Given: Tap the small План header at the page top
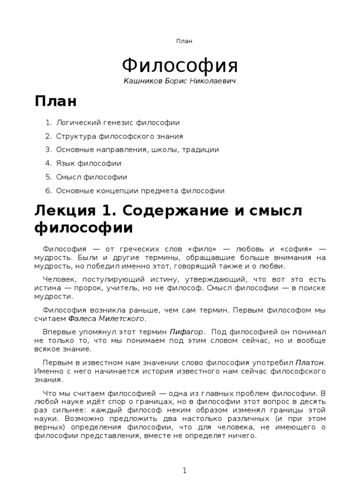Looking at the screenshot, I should coord(184,41).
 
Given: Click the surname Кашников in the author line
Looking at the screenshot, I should coord(142,82).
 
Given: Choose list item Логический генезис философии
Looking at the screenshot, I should coord(118,123).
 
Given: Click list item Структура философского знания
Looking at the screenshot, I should coord(120,136).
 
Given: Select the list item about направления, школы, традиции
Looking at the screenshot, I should coord(137,150).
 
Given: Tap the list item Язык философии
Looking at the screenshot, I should coord(89,164).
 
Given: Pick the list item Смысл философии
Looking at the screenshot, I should coord(91,177).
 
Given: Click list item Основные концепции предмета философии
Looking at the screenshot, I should coord(140,191).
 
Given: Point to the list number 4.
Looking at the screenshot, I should coord(48,164).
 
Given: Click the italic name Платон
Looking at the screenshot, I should coord(310,363).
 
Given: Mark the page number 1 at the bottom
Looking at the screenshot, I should coord(185,470).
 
